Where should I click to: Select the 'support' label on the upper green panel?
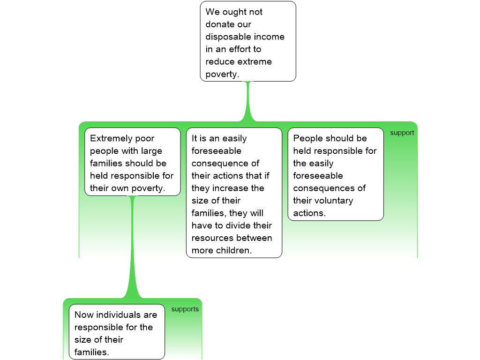[402, 133]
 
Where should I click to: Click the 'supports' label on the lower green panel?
[185, 309]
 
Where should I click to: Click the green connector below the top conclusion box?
[248, 101]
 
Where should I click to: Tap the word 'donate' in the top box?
[220, 24]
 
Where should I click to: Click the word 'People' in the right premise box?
[307, 138]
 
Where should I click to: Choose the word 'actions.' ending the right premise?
[309, 213]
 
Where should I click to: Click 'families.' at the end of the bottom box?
[91, 352]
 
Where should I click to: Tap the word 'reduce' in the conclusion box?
[220, 61]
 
